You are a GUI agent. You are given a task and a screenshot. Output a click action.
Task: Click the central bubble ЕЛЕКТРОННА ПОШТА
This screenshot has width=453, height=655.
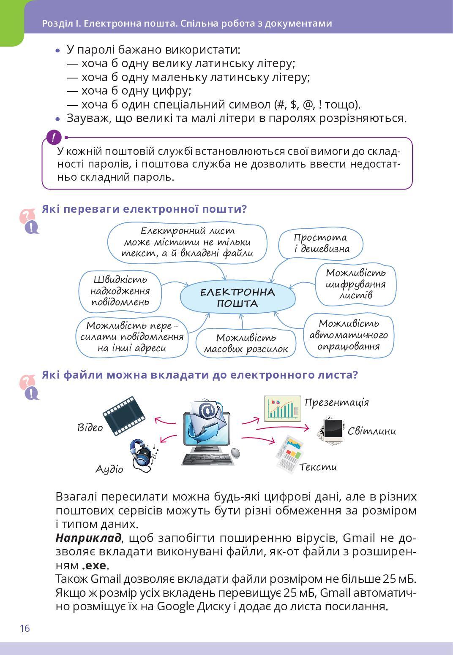237,298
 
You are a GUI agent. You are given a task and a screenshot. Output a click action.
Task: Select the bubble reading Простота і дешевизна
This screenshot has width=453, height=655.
321,244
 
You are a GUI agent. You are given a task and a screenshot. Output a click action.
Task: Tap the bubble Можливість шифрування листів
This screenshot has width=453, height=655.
355,284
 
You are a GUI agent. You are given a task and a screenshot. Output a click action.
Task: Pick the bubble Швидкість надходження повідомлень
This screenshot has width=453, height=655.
120,291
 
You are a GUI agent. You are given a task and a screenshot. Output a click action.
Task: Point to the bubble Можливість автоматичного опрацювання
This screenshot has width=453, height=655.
349,335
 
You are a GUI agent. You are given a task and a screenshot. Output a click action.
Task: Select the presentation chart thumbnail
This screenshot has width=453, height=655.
282,408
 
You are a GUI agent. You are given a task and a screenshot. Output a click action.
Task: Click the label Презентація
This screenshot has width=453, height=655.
337,402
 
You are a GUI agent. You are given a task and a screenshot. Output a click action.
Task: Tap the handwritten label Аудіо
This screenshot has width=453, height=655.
109,469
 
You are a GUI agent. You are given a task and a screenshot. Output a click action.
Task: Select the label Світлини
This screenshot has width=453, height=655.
372,431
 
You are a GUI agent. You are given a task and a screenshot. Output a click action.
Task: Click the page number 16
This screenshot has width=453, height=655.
25,628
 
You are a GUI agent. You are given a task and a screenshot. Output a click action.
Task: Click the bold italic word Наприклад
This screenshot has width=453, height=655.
88,538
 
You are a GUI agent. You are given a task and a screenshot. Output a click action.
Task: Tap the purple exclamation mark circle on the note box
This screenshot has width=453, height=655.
54,137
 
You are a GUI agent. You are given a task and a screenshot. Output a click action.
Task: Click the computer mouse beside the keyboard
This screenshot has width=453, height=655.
235,453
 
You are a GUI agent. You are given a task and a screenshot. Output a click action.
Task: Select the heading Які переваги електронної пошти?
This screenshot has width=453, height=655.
144,209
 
